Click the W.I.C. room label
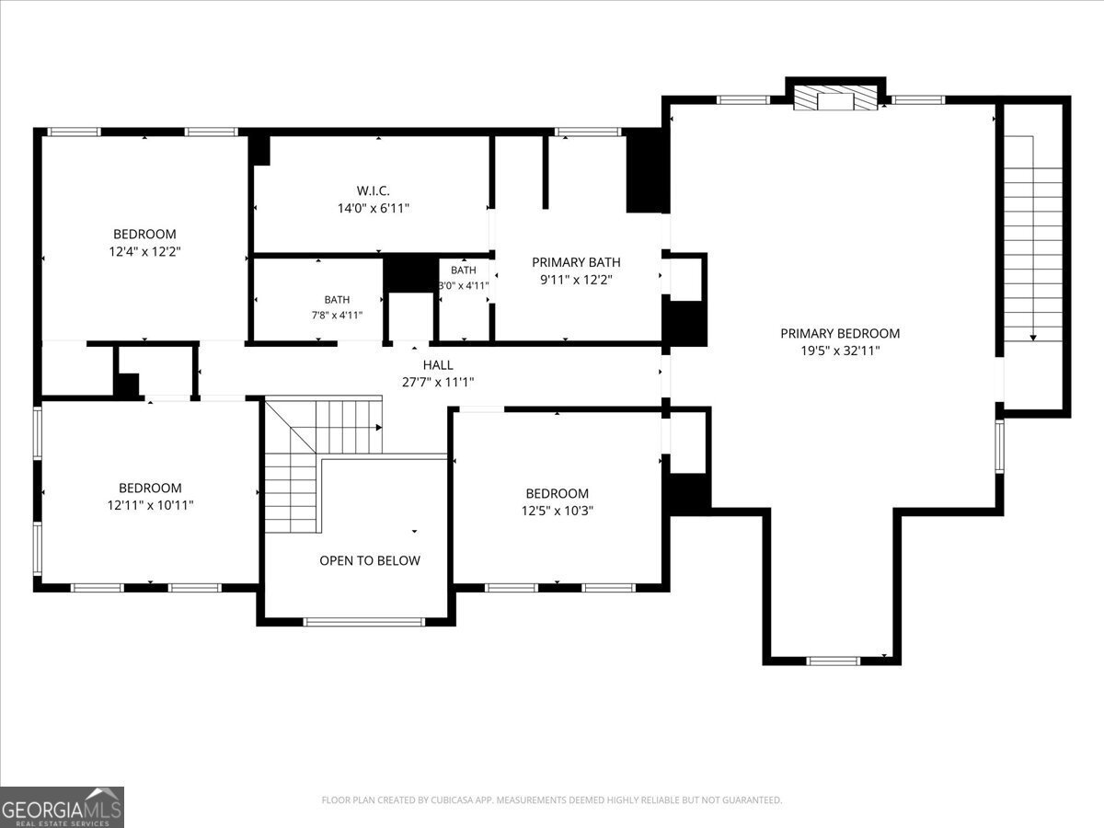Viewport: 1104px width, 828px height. tap(374, 190)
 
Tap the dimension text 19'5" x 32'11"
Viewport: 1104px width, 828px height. tap(840, 351)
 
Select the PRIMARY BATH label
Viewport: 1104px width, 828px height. tap(576, 262)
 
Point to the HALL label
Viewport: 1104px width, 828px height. tap(438, 364)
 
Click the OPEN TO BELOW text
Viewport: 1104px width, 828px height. tap(370, 560)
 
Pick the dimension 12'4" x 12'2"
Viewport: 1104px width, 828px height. tap(144, 251)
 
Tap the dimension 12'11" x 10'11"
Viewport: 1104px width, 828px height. tap(150, 505)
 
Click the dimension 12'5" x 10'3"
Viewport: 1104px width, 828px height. tap(558, 511)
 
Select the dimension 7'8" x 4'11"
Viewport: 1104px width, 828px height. tap(337, 316)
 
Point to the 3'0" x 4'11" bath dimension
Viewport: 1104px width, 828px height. tap(464, 285)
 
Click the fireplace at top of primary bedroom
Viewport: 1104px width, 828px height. tap(835, 97)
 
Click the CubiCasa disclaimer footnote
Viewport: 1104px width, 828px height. tap(552, 799)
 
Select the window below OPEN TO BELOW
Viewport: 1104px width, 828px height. tap(363, 622)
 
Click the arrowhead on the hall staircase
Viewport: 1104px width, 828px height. tap(379, 427)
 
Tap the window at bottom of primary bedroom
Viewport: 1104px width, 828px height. tap(833, 661)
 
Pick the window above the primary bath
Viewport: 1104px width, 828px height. tap(588, 132)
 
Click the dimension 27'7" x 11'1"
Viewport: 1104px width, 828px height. tap(438, 382)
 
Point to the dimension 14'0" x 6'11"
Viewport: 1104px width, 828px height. tap(374, 208)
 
